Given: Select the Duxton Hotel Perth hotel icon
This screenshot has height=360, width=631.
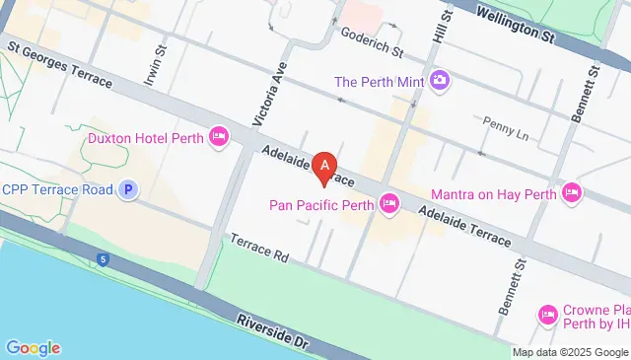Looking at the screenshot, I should (220, 138).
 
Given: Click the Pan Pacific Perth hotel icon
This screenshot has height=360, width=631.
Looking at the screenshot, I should (389, 205).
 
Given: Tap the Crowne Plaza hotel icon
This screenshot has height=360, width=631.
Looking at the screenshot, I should (548, 315).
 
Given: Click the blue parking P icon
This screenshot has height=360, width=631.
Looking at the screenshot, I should (127, 189).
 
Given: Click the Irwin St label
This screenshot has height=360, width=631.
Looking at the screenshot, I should (152, 67).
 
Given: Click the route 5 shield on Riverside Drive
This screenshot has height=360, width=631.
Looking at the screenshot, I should (102, 258).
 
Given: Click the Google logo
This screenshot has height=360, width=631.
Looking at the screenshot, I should (33, 347).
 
